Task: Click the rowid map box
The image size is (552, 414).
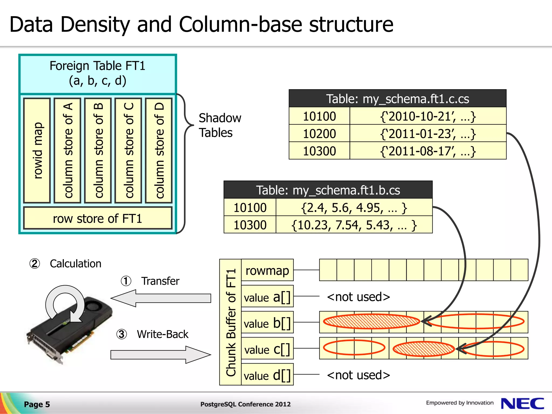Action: click(37, 150)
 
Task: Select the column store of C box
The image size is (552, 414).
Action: click(128, 150)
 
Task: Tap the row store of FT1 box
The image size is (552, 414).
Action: click(98, 218)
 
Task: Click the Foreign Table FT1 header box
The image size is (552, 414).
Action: click(98, 73)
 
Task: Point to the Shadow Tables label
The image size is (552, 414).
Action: click(219, 125)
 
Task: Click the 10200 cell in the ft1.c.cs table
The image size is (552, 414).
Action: click(319, 134)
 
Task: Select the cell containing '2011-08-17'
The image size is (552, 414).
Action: click(428, 151)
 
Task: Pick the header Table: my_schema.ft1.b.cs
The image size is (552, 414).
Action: click(328, 190)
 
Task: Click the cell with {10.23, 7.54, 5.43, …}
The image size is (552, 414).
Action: click(354, 225)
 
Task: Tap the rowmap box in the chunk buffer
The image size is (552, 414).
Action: click(267, 270)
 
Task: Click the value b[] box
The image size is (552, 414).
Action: click(267, 323)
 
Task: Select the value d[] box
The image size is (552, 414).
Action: click(267, 375)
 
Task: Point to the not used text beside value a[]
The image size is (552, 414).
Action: click(358, 297)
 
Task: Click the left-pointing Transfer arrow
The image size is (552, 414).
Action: click(161, 298)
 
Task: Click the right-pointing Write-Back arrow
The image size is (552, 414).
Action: click(161, 355)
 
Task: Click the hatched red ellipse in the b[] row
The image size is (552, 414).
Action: click(371, 321)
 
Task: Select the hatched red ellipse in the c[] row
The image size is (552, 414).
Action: click(423, 349)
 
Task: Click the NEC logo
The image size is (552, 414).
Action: click(522, 403)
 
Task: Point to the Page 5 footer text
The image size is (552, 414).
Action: click(37, 404)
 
